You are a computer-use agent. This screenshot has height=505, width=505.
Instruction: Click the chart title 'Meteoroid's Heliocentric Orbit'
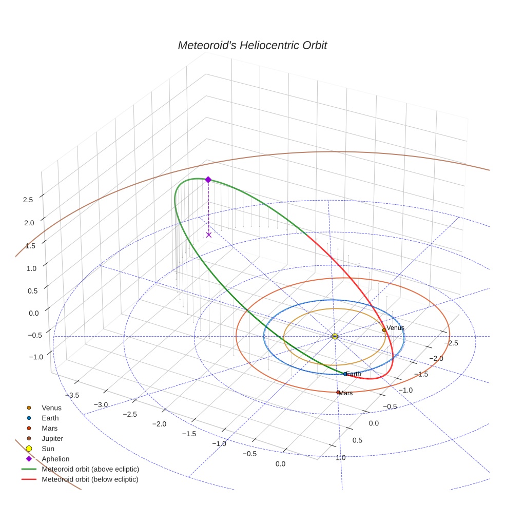[x=252, y=45]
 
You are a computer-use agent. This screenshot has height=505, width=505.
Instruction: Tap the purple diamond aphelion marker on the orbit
[x=208, y=179]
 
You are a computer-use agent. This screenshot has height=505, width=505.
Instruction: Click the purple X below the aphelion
[x=208, y=235]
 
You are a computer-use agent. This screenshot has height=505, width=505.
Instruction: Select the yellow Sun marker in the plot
[x=335, y=336]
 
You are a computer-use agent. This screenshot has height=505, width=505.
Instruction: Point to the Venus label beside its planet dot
[x=395, y=327]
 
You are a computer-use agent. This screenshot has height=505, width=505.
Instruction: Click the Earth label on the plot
[x=353, y=374]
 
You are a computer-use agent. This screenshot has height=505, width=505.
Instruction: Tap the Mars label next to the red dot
[x=346, y=393]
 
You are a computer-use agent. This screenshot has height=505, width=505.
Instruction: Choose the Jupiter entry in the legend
[x=52, y=438]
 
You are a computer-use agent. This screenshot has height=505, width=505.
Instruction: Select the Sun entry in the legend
[x=48, y=449]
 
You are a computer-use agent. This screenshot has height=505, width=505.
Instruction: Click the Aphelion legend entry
[x=55, y=459]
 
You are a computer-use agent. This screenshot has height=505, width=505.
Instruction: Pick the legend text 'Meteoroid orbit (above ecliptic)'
[x=90, y=469]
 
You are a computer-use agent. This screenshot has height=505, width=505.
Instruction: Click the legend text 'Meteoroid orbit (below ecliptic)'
[x=90, y=479]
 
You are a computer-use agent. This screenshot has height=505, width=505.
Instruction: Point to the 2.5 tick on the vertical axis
[x=28, y=200]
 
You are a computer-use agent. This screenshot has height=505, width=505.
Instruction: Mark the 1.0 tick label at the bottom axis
[x=340, y=457]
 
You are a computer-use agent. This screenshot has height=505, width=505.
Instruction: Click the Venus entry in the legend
[x=51, y=407]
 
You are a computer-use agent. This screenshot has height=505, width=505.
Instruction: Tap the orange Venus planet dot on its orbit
[x=384, y=330]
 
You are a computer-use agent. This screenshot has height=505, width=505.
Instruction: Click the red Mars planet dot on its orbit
[x=338, y=392]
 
